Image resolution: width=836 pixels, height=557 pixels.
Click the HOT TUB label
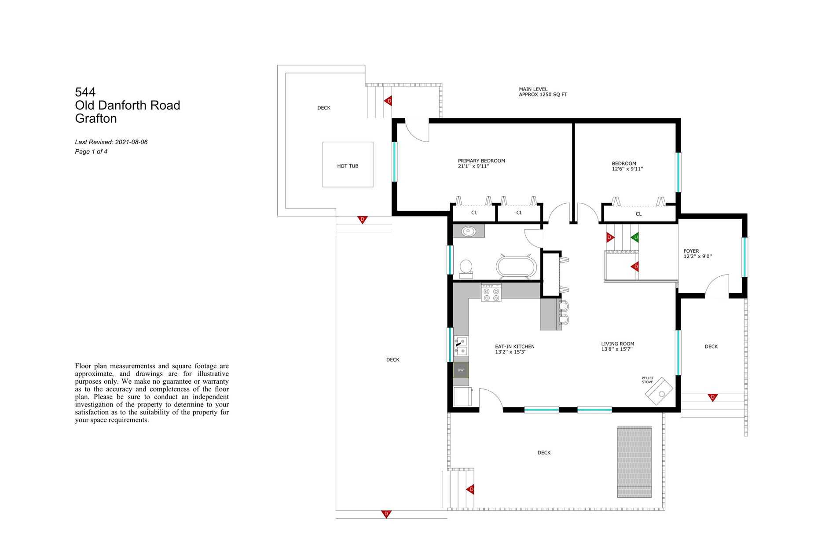[x=348, y=166]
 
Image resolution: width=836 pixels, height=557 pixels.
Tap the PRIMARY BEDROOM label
[x=481, y=161]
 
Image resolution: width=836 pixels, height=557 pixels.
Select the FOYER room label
[x=691, y=251]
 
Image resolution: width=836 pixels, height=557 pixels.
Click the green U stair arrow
[x=635, y=238]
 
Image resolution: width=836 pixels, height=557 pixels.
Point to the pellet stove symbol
[x=659, y=391]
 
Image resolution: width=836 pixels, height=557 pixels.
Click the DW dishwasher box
[x=461, y=370]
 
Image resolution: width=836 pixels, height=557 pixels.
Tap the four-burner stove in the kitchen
[x=491, y=293]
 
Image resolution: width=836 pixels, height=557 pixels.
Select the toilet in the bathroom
[x=466, y=269]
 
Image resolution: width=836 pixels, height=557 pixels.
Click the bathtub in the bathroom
[x=517, y=267]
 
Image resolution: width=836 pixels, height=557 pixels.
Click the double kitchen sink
[x=461, y=346]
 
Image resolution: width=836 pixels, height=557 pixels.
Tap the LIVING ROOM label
[x=618, y=344]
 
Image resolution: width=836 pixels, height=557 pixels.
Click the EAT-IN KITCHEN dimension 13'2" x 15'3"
[x=511, y=352]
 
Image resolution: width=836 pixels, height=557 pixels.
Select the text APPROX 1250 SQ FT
[x=543, y=95]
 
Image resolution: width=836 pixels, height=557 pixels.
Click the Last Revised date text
[x=111, y=142]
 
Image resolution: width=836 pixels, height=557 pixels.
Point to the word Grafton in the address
[x=96, y=119]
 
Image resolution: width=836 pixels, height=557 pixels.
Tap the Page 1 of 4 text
[x=91, y=152]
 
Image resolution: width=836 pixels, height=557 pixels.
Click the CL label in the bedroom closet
[x=638, y=214]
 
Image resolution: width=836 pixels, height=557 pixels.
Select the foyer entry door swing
[x=717, y=286]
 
